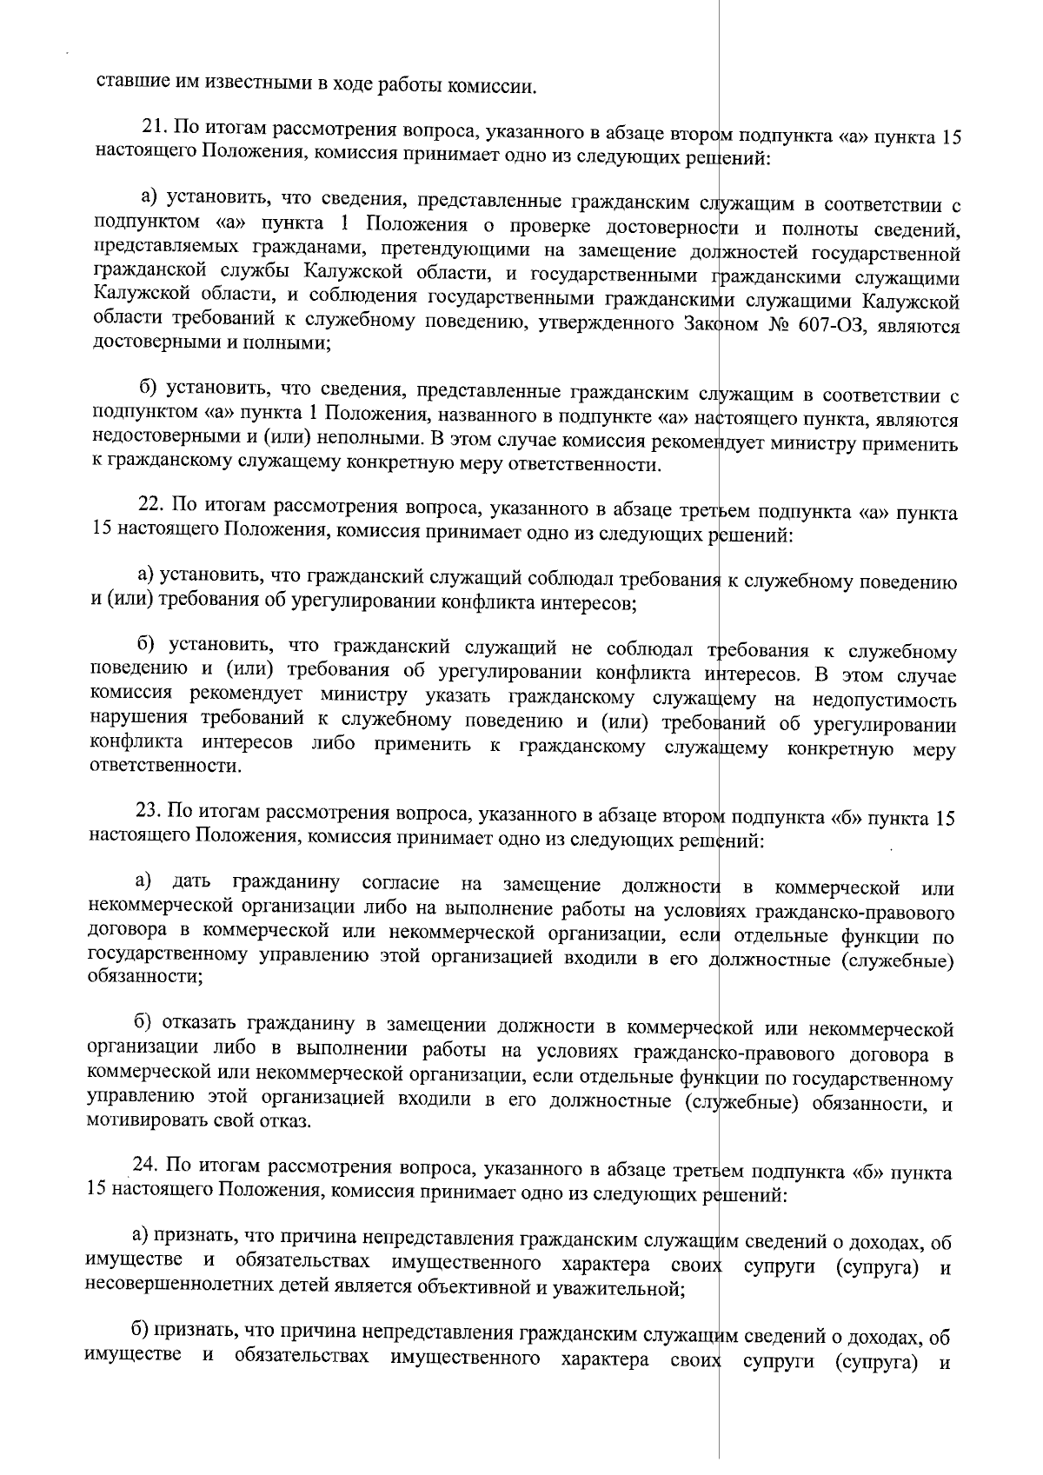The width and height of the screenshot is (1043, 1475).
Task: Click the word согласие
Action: [x=396, y=886]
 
